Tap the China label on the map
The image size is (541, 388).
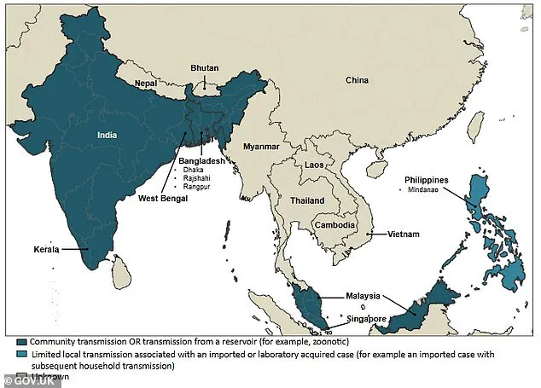(358, 80)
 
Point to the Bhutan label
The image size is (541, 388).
(203, 65)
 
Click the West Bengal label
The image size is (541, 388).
(163, 198)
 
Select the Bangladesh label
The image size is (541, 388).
(201, 160)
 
